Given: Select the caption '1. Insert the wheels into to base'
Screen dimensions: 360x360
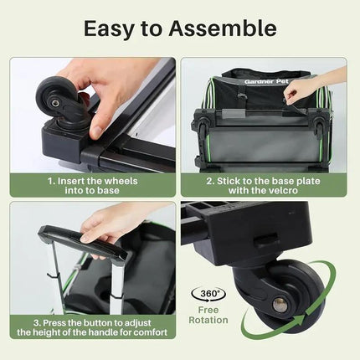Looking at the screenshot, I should point(92,184).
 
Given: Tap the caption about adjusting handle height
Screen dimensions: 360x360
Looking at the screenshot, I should point(92,327).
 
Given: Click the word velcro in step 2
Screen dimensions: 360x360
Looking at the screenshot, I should point(298,190).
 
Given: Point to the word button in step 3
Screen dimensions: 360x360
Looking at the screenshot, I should point(87,321).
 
